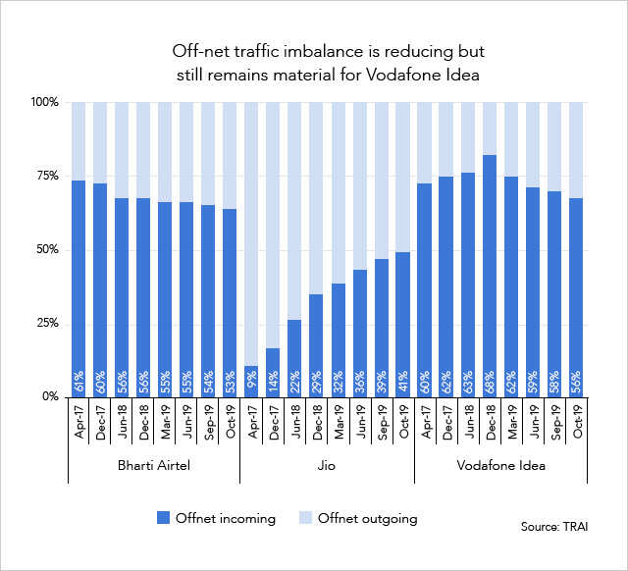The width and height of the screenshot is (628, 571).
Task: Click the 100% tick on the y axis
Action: (44, 102)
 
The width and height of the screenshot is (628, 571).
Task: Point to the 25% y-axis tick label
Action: (47, 323)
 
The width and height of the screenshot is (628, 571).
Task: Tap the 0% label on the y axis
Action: (51, 396)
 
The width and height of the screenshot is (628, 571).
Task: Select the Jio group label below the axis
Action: (327, 466)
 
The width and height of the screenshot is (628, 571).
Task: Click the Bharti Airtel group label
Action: (154, 466)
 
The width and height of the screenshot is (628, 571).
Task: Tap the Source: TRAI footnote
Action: (554, 527)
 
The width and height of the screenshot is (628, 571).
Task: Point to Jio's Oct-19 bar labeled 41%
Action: (402, 324)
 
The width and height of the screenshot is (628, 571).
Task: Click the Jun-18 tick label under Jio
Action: (294, 423)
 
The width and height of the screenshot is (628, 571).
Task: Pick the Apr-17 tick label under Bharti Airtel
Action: (78, 423)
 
